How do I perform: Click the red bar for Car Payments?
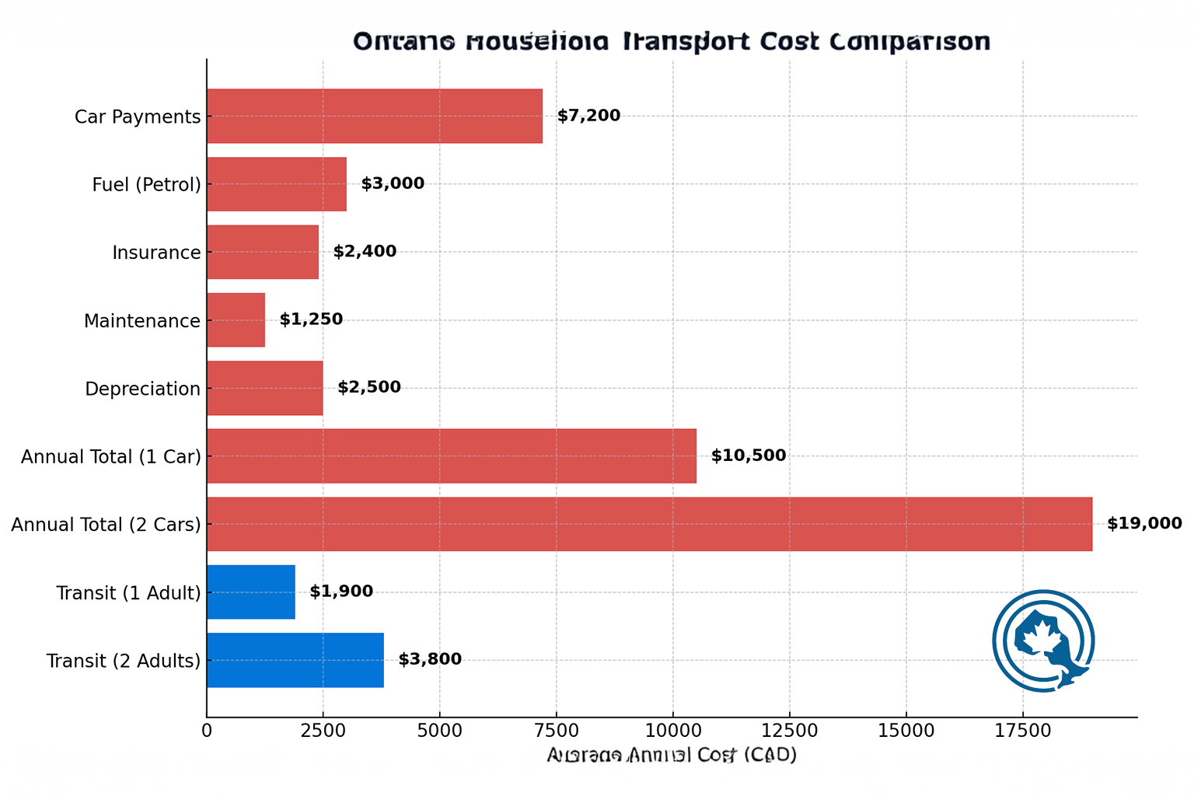point(374,116)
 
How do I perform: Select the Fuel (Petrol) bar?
point(276,184)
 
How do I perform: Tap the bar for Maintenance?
point(236,320)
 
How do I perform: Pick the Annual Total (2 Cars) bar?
point(649,524)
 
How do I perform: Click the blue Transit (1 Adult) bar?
point(250,592)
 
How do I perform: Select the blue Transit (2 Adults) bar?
point(295,660)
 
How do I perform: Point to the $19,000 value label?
point(1144,524)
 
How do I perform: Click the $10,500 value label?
point(748,456)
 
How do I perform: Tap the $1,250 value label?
point(311,319)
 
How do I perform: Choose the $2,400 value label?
point(365,252)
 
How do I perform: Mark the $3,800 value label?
point(430,660)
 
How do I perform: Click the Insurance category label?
point(156,253)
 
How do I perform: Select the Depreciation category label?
point(142,389)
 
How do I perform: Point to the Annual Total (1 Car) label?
point(110,456)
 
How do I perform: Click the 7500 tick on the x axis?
point(556,731)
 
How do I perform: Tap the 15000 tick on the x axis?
point(906,731)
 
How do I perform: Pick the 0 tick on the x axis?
point(207,731)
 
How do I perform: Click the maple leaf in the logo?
point(1042,637)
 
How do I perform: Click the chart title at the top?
point(672,41)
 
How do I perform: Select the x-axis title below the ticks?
point(672,755)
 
